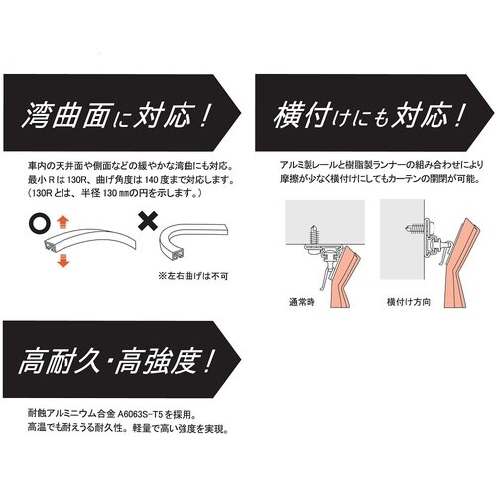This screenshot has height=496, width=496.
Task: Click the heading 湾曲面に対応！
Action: pyautogui.click(x=116, y=115)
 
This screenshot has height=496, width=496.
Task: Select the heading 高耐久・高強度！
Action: pyautogui.click(x=116, y=362)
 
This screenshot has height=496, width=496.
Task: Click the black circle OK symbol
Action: pyautogui.click(x=40, y=224)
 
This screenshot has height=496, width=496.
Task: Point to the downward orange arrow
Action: pyautogui.click(x=62, y=261)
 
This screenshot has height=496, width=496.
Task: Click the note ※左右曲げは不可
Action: pyautogui.click(x=193, y=276)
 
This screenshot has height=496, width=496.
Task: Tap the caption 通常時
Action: pyautogui.click(x=302, y=302)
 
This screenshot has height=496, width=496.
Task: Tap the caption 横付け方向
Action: pyautogui.click(x=409, y=302)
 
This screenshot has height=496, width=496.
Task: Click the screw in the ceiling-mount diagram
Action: pyautogui.click(x=313, y=235)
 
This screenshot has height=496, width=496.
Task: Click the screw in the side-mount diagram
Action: pyautogui.click(x=415, y=228)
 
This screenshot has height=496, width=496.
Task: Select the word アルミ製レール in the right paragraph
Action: pyautogui.click(x=309, y=165)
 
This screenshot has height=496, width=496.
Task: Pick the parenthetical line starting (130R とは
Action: pyautogui.click(x=115, y=193)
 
